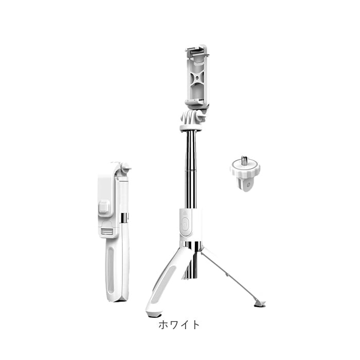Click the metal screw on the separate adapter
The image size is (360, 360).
(x=244, y=160)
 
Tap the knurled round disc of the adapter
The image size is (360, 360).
(x=245, y=168)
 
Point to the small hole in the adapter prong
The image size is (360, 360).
(x=248, y=185)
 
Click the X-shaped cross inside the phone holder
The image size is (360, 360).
(x=197, y=78)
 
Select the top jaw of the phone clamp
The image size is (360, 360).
(x=197, y=50)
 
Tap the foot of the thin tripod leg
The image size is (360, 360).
(x=259, y=304)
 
